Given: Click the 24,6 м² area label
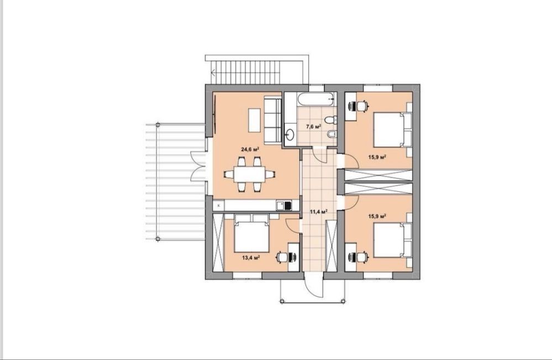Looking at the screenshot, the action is [250, 150].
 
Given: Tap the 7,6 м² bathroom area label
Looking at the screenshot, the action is [314, 126].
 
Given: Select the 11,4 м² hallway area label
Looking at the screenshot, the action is [319, 211].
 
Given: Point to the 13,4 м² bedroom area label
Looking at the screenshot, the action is [251, 258].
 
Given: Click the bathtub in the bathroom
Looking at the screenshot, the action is [316, 99].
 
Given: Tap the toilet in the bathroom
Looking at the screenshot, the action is [330, 120].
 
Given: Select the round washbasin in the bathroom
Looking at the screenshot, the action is [291, 134].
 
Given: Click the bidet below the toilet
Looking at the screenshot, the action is [332, 134].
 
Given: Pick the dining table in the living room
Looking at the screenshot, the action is [250, 174].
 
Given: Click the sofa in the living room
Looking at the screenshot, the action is [273, 121].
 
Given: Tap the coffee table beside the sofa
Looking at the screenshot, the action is [255, 120].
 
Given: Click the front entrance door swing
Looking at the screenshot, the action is [314, 285].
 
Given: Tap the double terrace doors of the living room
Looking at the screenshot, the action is [198, 166].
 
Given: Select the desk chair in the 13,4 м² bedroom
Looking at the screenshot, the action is [282, 257].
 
